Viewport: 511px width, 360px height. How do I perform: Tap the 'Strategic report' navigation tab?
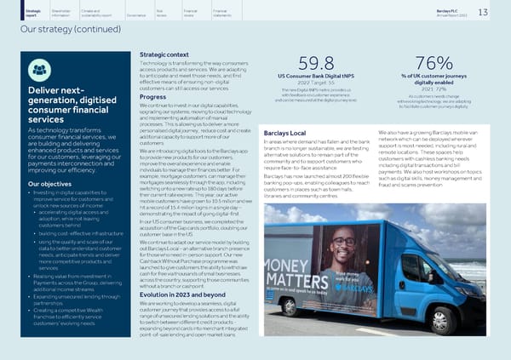13,12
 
